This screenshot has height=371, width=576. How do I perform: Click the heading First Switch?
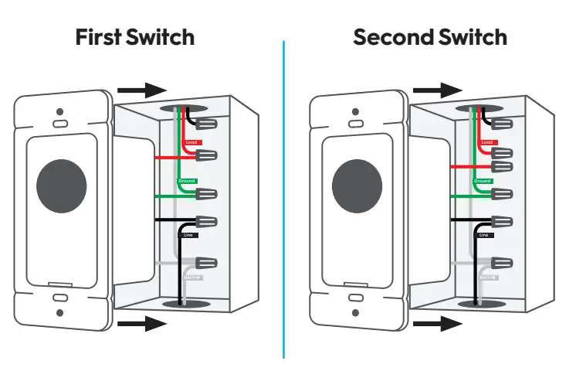(x=135, y=36)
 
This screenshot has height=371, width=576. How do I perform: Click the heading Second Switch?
(x=430, y=36)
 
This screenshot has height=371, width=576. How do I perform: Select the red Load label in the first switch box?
(x=192, y=142)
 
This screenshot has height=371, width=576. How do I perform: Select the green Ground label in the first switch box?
(x=188, y=180)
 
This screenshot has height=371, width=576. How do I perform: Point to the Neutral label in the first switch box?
(x=192, y=277)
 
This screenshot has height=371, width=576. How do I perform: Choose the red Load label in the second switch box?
(x=487, y=142)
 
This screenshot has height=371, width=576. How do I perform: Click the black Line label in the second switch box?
(x=484, y=234)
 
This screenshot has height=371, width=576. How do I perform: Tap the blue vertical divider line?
(x=283, y=201)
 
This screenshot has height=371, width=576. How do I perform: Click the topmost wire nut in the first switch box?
(x=205, y=123)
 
